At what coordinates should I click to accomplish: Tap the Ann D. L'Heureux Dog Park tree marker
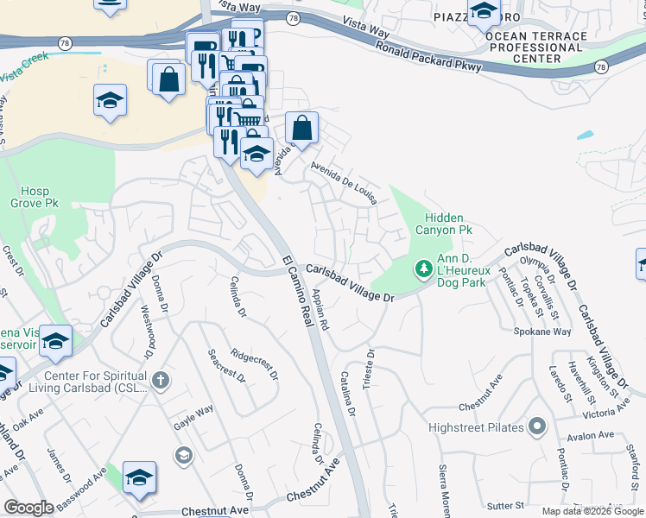[x=423, y=270]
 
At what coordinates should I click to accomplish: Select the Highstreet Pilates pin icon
[x=537, y=427]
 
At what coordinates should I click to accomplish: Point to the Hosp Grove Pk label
[x=35, y=197]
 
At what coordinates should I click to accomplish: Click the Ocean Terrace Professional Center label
[x=536, y=47]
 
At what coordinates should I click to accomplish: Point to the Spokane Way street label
[x=542, y=332]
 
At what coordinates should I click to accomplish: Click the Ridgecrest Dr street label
[x=255, y=364]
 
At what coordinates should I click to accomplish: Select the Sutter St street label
[x=507, y=504]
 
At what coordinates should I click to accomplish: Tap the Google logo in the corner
[x=28, y=508]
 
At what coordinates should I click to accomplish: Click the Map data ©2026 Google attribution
[x=592, y=511]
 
